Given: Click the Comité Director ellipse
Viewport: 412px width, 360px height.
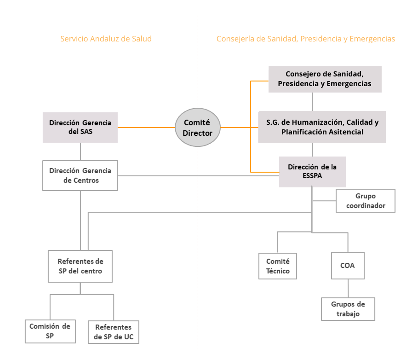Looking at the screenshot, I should (x=198, y=128).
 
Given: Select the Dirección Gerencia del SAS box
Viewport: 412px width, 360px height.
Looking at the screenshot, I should (x=80, y=128).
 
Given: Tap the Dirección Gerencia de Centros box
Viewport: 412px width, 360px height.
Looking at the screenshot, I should (x=80, y=175).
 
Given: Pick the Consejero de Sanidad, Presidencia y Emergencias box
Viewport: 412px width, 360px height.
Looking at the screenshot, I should (x=325, y=79).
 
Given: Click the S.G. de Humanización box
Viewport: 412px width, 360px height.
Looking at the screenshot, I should (x=322, y=127).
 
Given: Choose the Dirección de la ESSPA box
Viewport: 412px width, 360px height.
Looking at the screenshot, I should (x=312, y=172).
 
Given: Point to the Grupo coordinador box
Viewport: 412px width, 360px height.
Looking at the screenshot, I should (x=365, y=201).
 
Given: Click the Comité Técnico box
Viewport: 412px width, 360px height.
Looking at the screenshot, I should (x=278, y=266).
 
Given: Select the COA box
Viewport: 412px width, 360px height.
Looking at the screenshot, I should (x=348, y=266).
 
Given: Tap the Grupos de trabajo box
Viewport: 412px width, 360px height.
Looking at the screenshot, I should (x=348, y=309).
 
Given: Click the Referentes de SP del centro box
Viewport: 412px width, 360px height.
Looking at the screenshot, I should (x=80, y=266).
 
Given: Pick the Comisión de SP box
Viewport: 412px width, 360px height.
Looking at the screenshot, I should (x=50, y=331).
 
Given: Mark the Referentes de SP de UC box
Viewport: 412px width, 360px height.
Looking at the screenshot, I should (x=113, y=332).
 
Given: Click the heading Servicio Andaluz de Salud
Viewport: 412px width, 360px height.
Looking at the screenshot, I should (x=106, y=39).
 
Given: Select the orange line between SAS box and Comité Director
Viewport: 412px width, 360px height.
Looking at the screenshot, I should (x=146, y=128).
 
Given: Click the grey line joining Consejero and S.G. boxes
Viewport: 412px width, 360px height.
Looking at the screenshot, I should (x=313, y=101).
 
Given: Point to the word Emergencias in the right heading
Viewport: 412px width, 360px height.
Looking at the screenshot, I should (x=372, y=39).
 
